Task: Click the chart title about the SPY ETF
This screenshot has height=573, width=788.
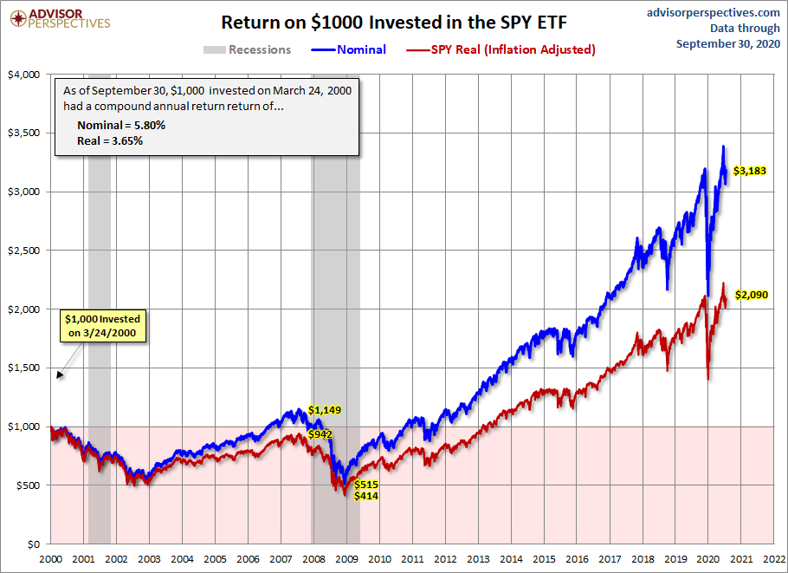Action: pyautogui.click(x=393, y=22)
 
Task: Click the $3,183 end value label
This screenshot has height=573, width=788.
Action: pyautogui.click(x=750, y=171)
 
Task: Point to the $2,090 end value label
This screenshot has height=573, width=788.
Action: pyautogui.click(x=751, y=295)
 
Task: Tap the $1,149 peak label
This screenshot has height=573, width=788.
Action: pyautogui.click(x=325, y=410)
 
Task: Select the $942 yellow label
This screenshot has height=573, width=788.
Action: pyautogui.click(x=321, y=434)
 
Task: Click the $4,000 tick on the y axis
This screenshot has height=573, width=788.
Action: pyautogui.click(x=26, y=75)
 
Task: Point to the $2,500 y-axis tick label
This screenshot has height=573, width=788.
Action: pyautogui.click(x=26, y=251)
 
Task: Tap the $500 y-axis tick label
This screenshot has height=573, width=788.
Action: pyautogui.click(x=30, y=485)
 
